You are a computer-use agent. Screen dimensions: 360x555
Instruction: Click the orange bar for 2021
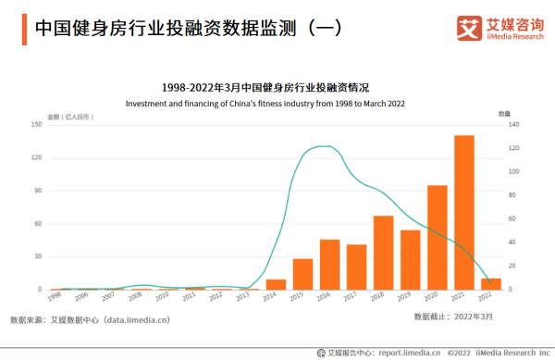tap(463, 212)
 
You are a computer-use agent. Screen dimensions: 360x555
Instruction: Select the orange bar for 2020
tap(437, 237)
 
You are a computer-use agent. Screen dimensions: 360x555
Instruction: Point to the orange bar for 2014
tap(276, 284)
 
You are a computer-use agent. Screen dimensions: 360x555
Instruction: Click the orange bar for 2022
tap(490, 283)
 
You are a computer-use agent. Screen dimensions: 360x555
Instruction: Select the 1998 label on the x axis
tap(55, 297)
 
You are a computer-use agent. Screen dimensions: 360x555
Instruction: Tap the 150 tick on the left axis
tap(38, 124)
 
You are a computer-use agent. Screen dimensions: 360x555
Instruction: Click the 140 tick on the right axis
tap(516, 124)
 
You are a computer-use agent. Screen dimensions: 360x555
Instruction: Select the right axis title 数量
tap(505, 113)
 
